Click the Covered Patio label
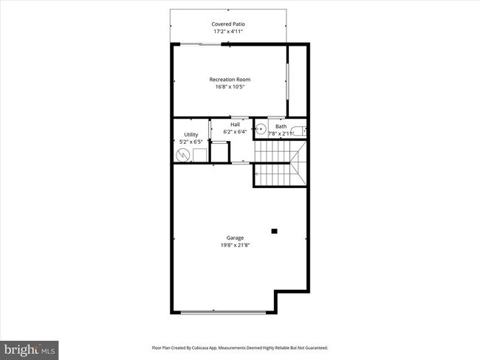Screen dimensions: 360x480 229,24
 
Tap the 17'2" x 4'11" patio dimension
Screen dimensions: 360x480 229,32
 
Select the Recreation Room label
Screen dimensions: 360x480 229,78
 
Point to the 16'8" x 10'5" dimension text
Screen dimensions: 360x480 229,86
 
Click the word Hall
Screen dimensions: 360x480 235,125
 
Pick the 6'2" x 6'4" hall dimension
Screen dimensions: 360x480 235,132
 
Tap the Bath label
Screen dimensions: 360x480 281,126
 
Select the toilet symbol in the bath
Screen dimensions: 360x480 298,132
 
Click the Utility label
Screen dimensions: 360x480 191,134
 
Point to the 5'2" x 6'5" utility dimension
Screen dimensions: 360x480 191,142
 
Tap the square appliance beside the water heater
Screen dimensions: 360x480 199,154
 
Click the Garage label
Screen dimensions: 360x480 235,238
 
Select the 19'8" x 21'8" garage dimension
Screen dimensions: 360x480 235,246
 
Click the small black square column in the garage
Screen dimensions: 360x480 274,231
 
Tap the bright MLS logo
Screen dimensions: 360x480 30,349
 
